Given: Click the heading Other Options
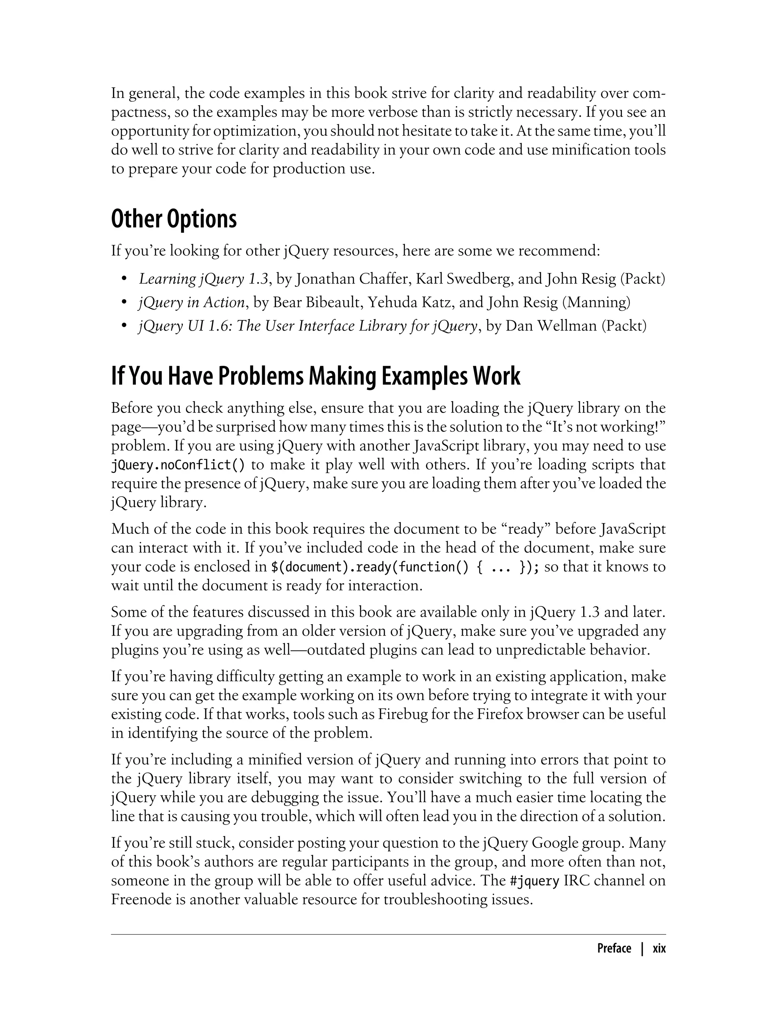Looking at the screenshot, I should (173, 219).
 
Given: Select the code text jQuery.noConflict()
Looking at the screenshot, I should (178, 465).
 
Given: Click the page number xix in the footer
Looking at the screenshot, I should (659, 949).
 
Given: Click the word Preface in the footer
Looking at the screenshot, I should (614, 949).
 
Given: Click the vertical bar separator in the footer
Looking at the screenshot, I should (642, 949).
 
